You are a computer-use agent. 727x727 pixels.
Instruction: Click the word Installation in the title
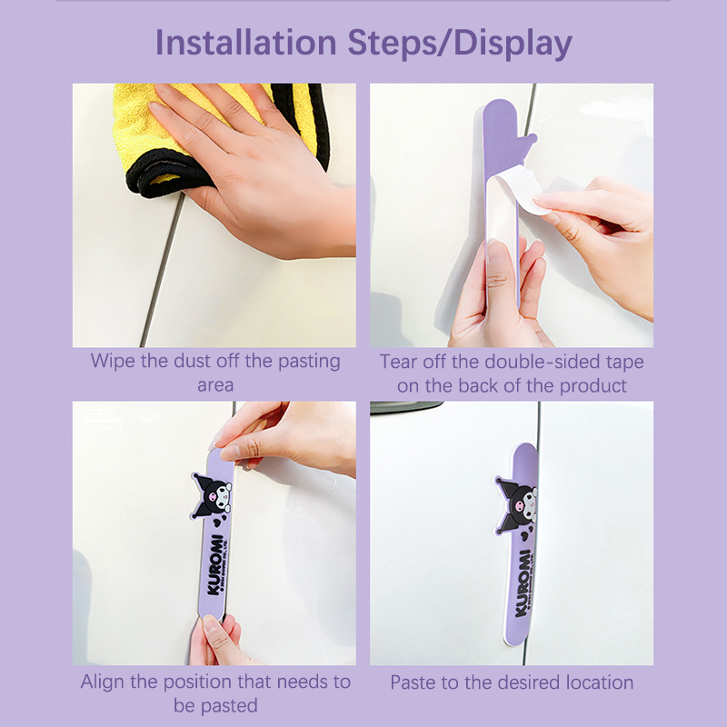[245, 43]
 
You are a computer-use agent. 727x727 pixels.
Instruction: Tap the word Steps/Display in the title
[460, 44]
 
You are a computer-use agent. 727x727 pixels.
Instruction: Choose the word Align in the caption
[103, 682]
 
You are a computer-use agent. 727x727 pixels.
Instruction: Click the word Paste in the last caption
[413, 683]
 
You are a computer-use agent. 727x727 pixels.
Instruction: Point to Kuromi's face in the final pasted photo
[516, 504]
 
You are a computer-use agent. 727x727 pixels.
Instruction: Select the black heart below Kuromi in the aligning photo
[217, 523]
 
